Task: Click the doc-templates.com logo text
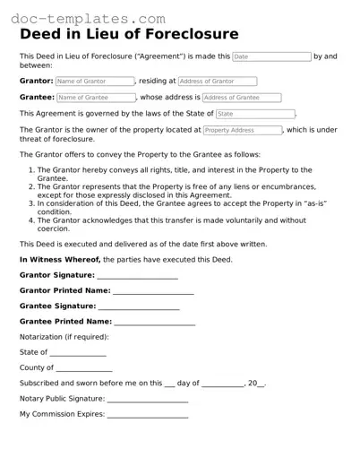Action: click(x=89, y=17)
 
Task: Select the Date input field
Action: click(x=271, y=56)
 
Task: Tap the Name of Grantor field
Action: click(x=94, y=81)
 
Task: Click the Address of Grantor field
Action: click(x=217, y=81)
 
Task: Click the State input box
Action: click(x=255, y=114)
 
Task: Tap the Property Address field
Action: click(x=242, y=130)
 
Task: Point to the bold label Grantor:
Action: click(x=36, y=81)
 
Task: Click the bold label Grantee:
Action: click(x=37, y=97)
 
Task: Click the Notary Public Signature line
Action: click(x=147, y=399)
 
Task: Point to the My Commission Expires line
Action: click(x=148, y=414)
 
